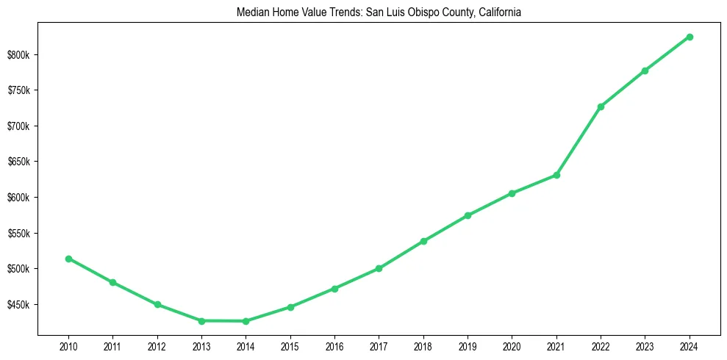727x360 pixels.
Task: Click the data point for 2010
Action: tap(68, 259)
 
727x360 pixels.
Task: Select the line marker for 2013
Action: tap(201, 321)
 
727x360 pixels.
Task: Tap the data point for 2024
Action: tap(690, 37)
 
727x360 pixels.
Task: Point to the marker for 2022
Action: tap(601, 107)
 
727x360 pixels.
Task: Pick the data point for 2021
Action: tap(556, 175)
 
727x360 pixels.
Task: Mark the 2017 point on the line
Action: tap(379, 268)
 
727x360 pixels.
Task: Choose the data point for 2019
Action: tap(468, 215)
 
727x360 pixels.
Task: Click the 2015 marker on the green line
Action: tap(290, 307)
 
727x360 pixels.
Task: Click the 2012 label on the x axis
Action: tap(157, 346)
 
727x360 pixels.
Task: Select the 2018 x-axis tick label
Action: tap(423, 346)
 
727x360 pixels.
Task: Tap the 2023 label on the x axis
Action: tap(645, 346)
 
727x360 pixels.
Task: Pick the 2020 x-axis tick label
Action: tap(512, 346)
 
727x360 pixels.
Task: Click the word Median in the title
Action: tap(251, 12)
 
